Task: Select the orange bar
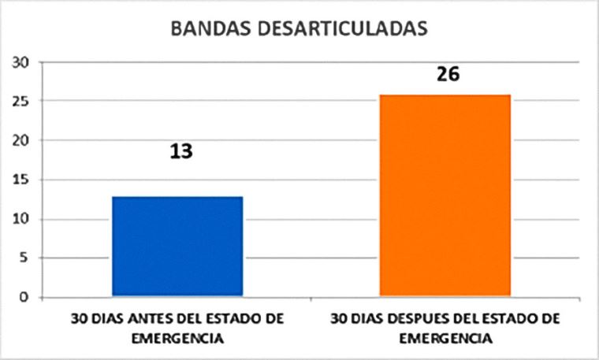click(445, 196)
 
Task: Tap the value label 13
click(181, 150)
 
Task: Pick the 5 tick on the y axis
click(25, 258)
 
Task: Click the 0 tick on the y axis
click(25, 298)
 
